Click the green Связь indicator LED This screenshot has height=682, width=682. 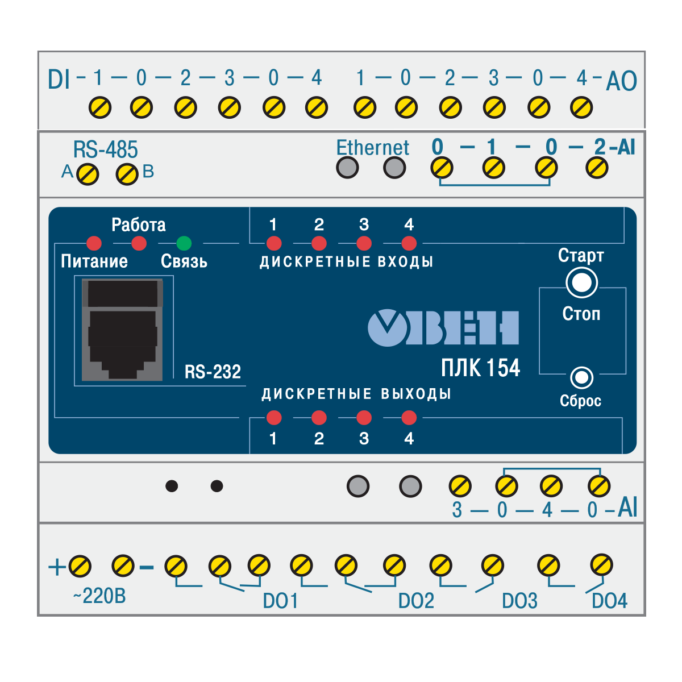(184, 243)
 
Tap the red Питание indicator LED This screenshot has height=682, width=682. (94, 243)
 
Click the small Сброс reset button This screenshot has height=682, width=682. (581, 377)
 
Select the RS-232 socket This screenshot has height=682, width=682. (122, 330)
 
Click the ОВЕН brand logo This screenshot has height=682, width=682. (443, 328)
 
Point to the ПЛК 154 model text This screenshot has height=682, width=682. (480, 368)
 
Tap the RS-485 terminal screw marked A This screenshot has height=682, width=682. (88, 174)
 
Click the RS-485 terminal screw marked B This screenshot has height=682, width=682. (127, 174)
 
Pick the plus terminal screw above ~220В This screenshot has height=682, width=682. (80, 566)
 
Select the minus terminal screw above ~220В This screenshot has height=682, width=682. (123, 566)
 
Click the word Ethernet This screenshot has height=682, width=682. (372, 148)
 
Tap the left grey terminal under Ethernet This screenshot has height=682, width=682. (347, 168)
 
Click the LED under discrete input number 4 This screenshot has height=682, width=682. (409, 243)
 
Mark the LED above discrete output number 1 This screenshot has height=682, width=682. (273, 418)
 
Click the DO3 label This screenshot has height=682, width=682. (519, 601)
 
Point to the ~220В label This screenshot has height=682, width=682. (99, 596)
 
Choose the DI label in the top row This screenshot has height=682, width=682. (59, 80)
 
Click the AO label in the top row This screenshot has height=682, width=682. (621, 82)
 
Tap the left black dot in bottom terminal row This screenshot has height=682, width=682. (172, 486)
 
